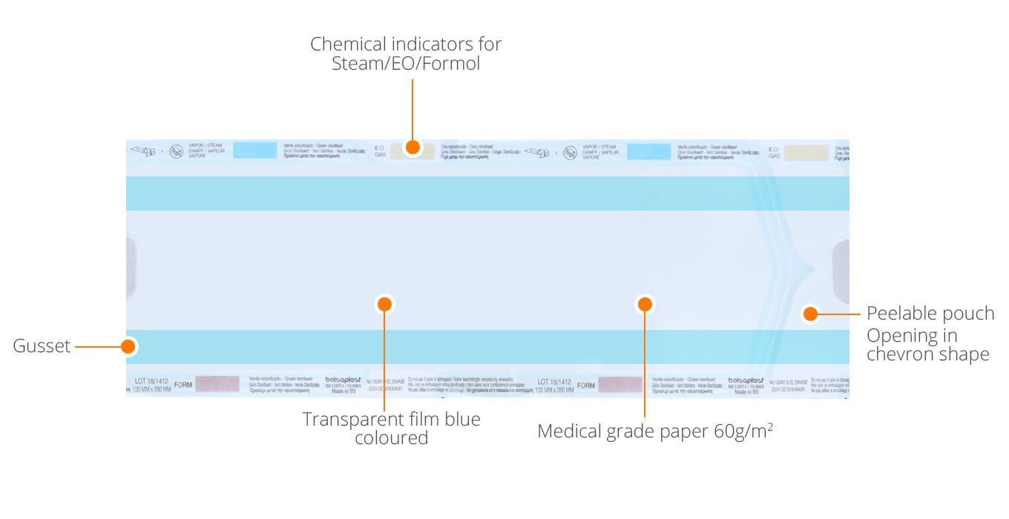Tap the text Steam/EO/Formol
click(x=406, y=64)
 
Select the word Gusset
click(x=42, y=346)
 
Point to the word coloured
click(x=391, y=438)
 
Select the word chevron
click(x=898, y=354)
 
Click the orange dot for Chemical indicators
click(x=413, y=147)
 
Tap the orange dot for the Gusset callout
click(x=128, y=346)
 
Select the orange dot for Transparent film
click(x=384, y=304)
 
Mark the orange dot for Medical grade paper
click(x=645, y=304)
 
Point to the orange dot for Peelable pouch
click(x=810, y=314)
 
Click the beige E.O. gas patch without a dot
click(x=806, y=153)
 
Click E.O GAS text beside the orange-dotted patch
click(x=380, y=151)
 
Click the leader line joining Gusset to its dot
click(x=97, y=346)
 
